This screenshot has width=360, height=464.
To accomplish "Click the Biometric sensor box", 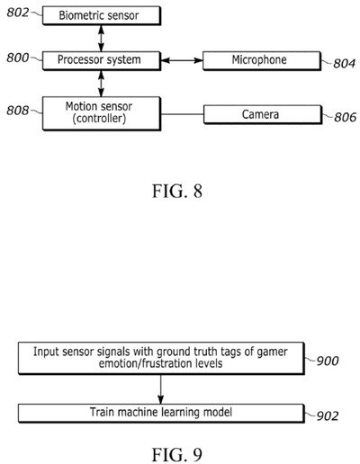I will (102, 15).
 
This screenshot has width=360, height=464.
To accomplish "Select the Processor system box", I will (102, 60).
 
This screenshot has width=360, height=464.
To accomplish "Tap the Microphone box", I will (261, 60).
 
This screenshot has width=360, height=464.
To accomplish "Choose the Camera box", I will (261, 114).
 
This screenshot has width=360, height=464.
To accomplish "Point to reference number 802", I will (18, 12).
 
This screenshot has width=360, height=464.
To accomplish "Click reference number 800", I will (18, 58).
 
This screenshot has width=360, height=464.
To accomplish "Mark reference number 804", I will (343, 64).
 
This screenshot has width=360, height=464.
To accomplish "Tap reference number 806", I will (343, 118).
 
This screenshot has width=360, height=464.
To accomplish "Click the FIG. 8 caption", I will (179, 191).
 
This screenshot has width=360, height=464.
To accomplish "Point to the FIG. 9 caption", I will (179, 443).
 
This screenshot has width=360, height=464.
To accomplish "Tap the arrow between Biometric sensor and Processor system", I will (102, 38).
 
